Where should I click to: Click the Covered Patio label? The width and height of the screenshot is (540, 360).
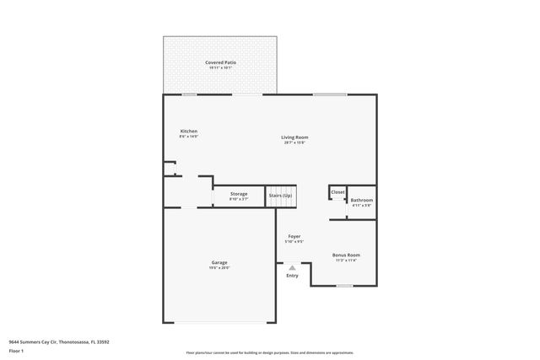[x=219, y=62]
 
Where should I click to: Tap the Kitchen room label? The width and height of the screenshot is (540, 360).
[x=189, y=131]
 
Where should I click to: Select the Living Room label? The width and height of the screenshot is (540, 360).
[x=294, y=137]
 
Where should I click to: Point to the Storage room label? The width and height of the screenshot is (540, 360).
[x=239, y=194]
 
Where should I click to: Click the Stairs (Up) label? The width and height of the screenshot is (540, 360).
[x=281, y=196]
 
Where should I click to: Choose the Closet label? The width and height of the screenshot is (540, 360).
[x=337, y=192]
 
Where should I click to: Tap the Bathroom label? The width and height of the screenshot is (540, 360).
[x=362, y=200]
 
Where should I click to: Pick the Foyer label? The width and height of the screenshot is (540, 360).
[x=294, y=236]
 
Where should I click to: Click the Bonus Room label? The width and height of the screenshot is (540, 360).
[x=346, y=255]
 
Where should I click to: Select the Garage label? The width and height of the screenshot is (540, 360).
[x=219, y=262]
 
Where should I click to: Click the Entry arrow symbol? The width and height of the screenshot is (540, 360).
[x=292, y=268]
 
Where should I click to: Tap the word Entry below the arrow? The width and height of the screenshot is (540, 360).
[x=292, y=276]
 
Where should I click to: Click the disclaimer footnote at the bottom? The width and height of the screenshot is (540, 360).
[x=270, y=352]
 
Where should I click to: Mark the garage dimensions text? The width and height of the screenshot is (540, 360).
[x=219, y=268]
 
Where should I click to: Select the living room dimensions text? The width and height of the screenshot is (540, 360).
[x=294, y=142]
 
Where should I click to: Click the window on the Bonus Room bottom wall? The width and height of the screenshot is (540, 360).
[x=344, y=286]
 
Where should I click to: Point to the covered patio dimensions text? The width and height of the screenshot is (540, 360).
[x=219, y=68]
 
